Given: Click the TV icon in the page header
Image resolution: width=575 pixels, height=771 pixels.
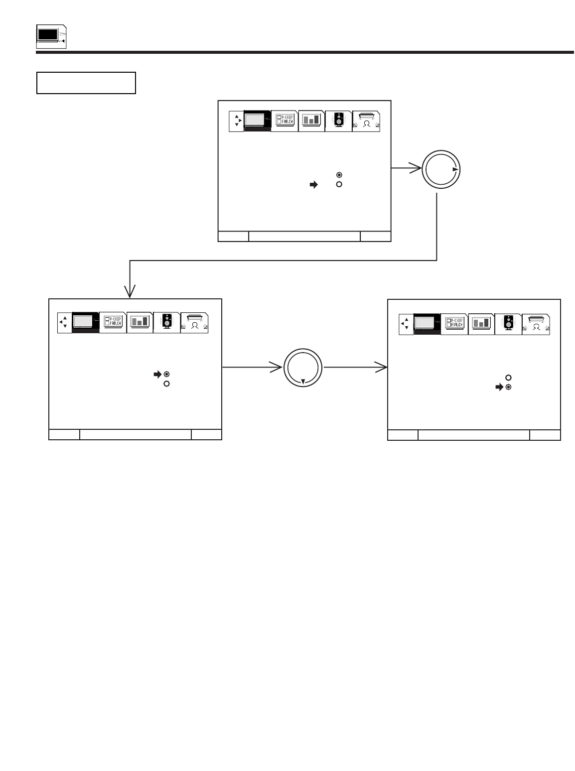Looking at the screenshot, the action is pos(52,36).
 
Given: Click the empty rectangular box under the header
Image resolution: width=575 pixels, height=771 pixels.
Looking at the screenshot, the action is pos(86,83).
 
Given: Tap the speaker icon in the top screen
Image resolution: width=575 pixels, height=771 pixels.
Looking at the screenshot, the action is pos(338,121).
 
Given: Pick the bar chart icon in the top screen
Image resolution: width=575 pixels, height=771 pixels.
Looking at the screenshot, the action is pos(311,121).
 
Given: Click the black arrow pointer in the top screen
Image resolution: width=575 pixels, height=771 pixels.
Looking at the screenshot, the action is pos(313,184).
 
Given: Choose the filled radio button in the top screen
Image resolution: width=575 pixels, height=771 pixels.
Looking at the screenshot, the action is pos(339,175).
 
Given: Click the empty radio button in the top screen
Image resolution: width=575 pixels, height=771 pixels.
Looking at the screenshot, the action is pos(339,184).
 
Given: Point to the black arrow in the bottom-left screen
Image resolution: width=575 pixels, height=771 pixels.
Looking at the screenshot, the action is pos(157,374).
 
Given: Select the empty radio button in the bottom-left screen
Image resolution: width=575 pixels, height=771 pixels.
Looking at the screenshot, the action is pos(166,384).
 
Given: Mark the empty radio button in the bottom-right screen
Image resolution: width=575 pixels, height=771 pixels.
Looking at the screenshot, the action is pos(508,378).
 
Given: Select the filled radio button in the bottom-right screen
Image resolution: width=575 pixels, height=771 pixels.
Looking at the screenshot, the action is pos(508,387).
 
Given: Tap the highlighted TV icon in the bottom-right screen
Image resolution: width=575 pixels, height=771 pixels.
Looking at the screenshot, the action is pos(427,323).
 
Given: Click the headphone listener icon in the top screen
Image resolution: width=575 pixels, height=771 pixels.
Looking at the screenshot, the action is pos(366,122).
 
